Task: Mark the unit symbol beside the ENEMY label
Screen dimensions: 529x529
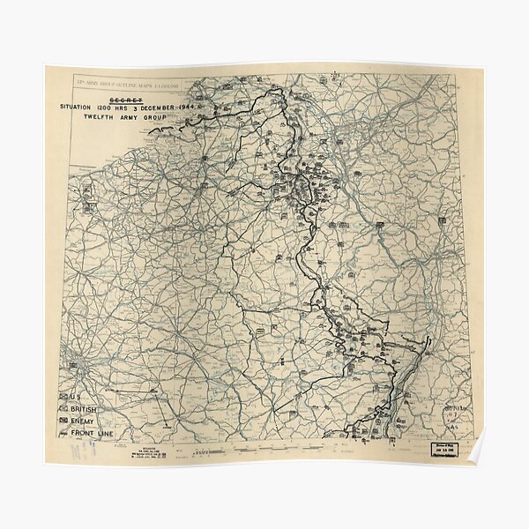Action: click(x=64, y=422)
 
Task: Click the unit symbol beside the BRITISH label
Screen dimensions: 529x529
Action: click(x=64, y=410)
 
